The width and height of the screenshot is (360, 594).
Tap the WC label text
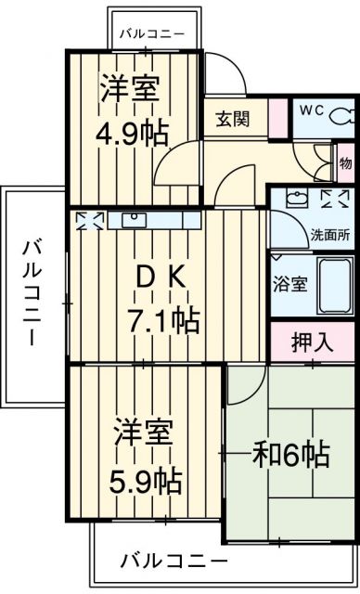pyautogui.click(x=310, y=110)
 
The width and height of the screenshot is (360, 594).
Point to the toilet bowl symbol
pyautogui.click(x=341, y=115)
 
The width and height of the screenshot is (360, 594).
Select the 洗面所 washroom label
pyautogui.click(x=330, y=235)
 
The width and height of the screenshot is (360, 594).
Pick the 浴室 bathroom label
pyautogui.click(x=289, y=284)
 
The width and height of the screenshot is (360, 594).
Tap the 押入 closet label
pyautogui.click(x=312, y=342)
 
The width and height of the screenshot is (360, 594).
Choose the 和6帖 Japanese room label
pyautogui.click(x=291, y=454)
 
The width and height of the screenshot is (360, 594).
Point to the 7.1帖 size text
pyautogui.click(x=163, y=321)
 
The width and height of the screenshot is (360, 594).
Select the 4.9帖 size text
pyautogui.click(x=134, y=133)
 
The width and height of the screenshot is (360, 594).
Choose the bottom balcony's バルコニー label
pyautogui.click(x=174, y=562)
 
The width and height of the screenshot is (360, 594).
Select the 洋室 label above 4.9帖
pyautogui.click(x=131, y=89)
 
